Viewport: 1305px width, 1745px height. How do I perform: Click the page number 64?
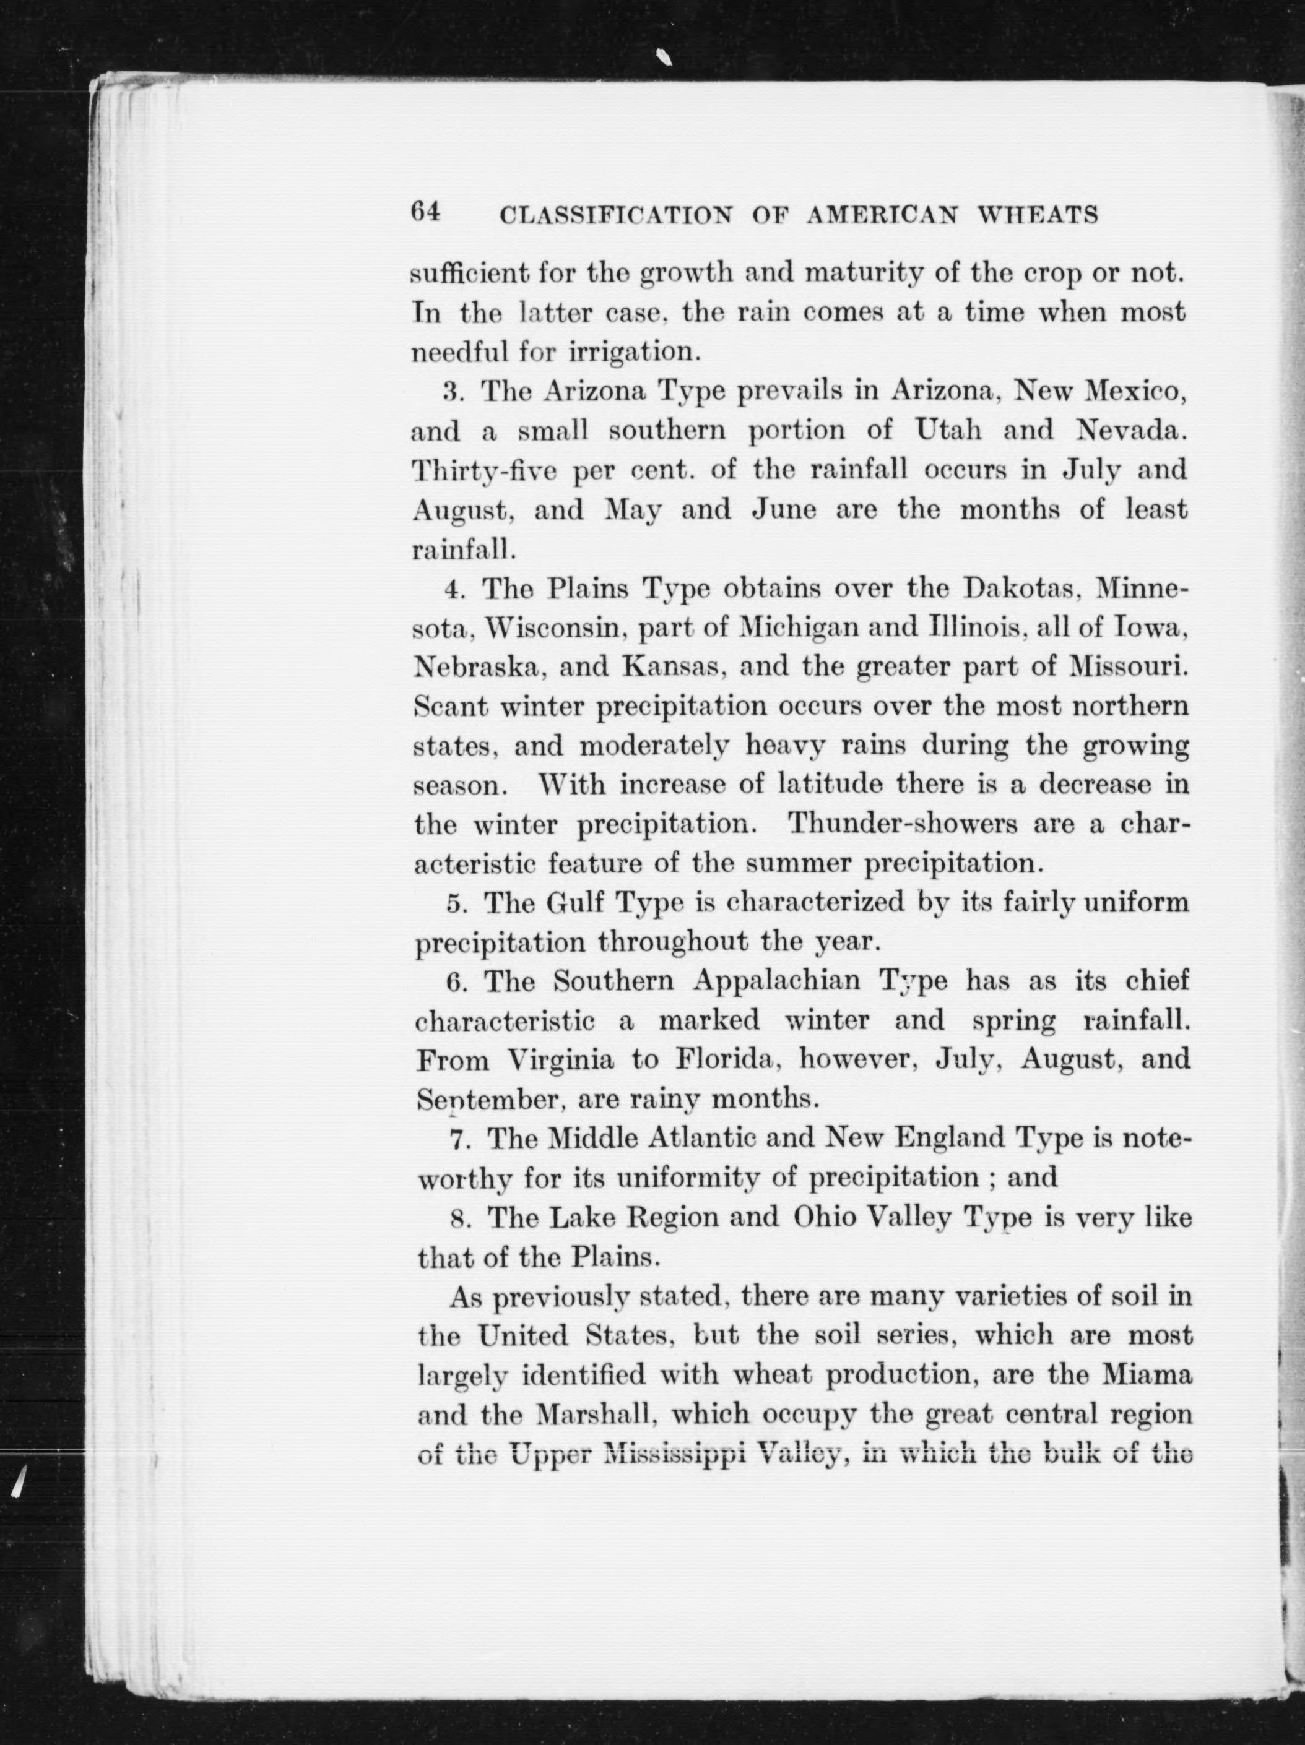click(x=425, y=212)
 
